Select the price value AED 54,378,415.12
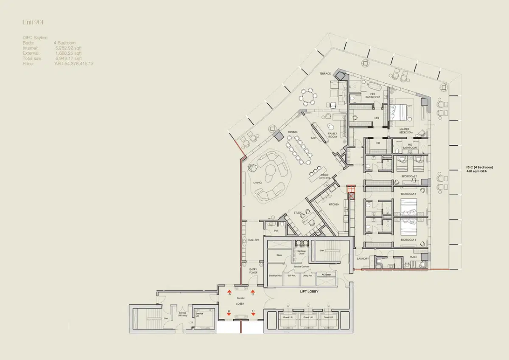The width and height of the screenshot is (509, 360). click(x=74, y=64)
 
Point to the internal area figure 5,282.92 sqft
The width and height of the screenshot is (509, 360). click(x=69, y=48)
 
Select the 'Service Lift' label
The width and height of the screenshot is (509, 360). click(x=199, y=314)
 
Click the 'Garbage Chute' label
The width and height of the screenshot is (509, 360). click(x=301, y=252)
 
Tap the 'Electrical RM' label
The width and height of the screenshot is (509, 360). click(x=276, y=276)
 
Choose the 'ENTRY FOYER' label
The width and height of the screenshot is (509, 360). click(x=253, y=271)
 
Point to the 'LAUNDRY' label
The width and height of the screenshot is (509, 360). click(x=363, y=259)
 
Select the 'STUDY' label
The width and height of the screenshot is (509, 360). click(x=298, y=213)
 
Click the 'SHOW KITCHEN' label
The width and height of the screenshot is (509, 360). click(x=325, y=177)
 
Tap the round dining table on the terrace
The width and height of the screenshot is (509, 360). click(x=308, y=97)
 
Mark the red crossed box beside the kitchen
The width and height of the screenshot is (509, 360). click(x=351, y=196)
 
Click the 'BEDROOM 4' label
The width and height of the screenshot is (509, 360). click(x=409, y=240)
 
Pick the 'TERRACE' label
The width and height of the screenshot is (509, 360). click(x=325, y=73)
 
